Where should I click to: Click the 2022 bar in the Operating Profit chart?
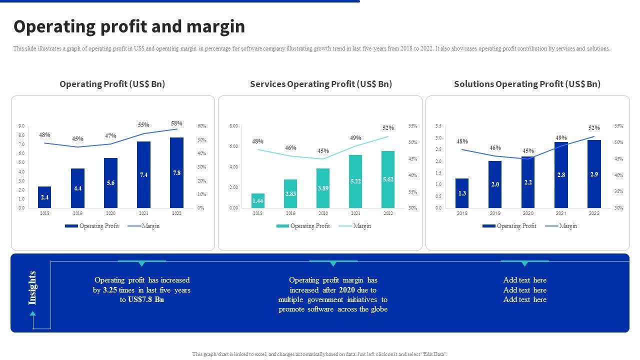tap(176, 172)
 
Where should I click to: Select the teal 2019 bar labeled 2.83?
tap(290, 193)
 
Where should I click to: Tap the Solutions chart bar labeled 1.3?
tap(462, 193)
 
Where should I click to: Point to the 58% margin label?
tap(176, 123)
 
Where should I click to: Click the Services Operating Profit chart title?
tap(320, 84)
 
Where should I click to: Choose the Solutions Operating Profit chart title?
tap(527, 84)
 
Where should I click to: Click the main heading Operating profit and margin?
tap(129, 26)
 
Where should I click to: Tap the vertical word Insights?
tap(33, 287)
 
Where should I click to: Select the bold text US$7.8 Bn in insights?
tap(146, 299)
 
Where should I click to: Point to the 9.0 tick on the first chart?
tap(21, 126)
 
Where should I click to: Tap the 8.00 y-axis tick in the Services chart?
tap(233, 126)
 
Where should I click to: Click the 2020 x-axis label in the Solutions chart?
tap(528, 213)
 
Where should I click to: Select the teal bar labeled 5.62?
tap(388, 179)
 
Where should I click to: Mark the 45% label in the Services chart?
tap(323, 151)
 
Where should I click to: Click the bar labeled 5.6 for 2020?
tap(110, 183)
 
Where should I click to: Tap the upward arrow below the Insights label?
tap(33, 313)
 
